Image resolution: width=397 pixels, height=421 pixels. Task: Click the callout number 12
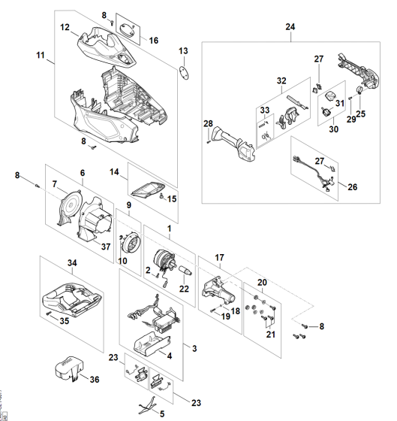point(65,27)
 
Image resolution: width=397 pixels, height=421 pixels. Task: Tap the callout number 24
point(290,28)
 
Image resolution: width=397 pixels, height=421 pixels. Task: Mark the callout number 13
point(182,50)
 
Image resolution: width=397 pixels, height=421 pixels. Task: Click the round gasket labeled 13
point(181,74)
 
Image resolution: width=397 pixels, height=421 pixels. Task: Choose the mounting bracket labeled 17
point(218,286)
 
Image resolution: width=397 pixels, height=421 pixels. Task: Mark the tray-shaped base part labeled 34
point(71,294)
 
